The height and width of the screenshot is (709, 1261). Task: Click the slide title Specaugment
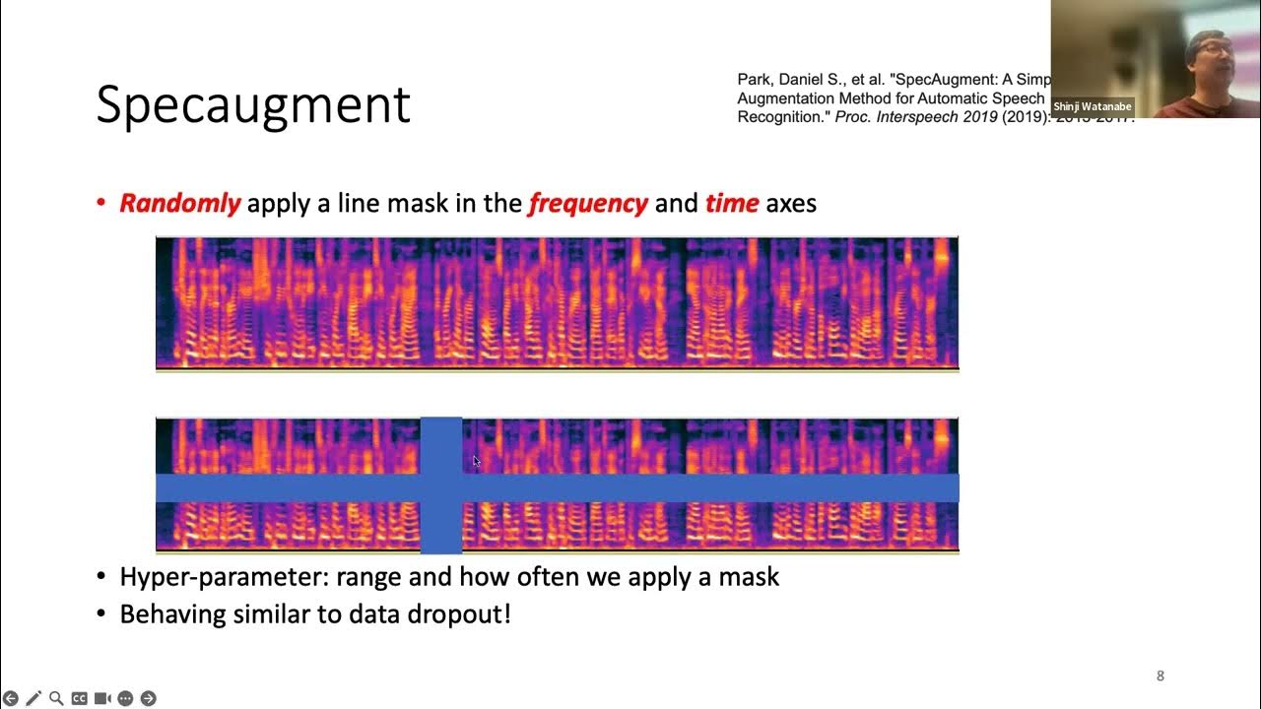point(252,105)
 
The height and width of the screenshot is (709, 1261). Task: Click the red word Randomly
point(179,204)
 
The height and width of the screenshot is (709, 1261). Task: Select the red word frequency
point(588,204)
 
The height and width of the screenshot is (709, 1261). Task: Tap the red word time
point(731,204)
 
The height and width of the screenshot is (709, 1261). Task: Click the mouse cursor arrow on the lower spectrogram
point(476,461)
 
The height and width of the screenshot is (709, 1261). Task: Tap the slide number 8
point(1160,676)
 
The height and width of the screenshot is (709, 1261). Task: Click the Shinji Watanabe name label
point(1093,106)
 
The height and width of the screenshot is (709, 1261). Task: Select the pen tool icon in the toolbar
point(33,698)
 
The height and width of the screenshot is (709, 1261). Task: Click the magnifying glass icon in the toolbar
point(56,698)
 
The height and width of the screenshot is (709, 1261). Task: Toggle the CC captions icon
point(80,698)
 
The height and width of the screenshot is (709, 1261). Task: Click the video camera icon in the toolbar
point(102,698)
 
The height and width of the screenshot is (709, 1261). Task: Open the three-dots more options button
point(125,698)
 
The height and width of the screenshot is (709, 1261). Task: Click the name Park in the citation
point(754,80)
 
